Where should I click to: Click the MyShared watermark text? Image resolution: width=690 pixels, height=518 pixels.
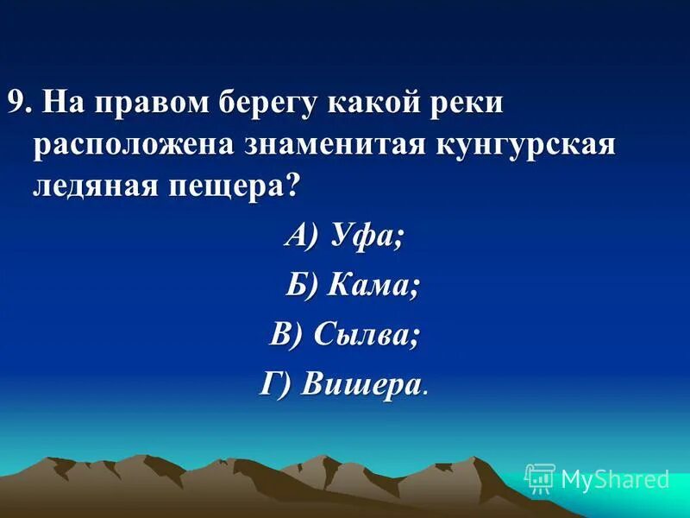614,478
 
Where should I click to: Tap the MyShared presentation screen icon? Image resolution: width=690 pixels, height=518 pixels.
540,478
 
